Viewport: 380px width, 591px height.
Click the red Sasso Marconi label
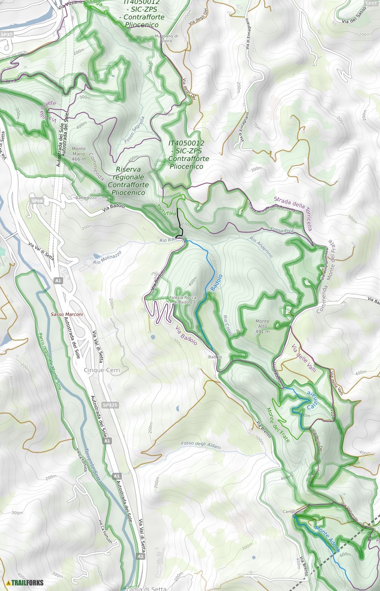67,315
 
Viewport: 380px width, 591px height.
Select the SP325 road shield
110,405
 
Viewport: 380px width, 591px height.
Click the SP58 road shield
37,201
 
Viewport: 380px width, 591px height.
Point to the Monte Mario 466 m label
79,154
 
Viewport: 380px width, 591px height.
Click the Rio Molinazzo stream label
107,259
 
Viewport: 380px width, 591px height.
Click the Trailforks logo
25,582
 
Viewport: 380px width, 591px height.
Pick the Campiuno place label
293,511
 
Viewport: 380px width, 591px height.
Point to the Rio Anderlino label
261,247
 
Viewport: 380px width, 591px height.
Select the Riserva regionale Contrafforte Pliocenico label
128,181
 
